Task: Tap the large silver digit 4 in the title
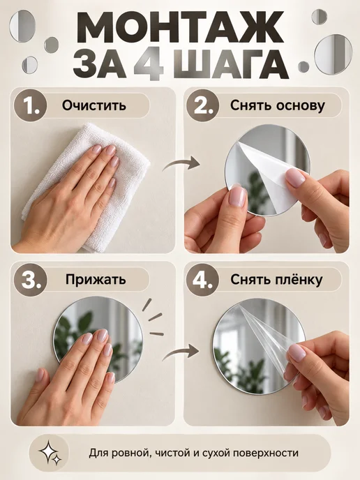coord(149,64)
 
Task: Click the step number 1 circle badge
coord(31,105)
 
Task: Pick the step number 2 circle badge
coord(202,105)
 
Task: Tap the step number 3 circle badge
coord(31,280)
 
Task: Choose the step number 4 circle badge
coord(202,280)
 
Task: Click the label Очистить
coord(94,105)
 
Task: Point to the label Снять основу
coord(278,105)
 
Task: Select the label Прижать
coord(96,280)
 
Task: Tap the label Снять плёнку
coord(276,280)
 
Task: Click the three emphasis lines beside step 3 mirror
coord(153,317)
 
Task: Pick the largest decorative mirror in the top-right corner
coord(332,54)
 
